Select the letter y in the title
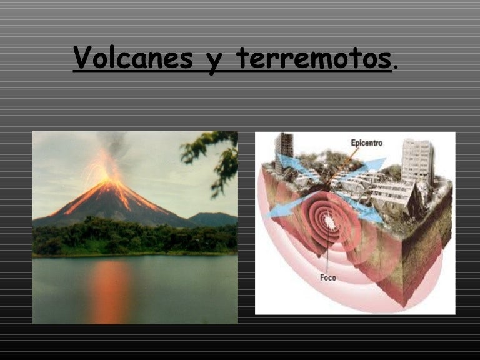point(215,60)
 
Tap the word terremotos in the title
point(313,59)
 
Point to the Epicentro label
point(366,143)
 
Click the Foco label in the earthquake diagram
point(328,277)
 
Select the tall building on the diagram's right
point(417,159)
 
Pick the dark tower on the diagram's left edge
point(283,152)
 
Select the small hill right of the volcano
point(212,218)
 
